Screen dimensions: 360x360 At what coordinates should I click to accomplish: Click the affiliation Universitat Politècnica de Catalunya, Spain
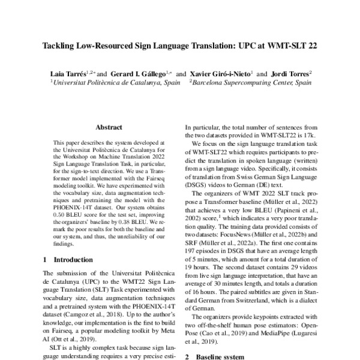pyautogui.click(x=114, y=83)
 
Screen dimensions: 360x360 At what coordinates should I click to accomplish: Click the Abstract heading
pyautogui.click(x=109, y=127)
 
